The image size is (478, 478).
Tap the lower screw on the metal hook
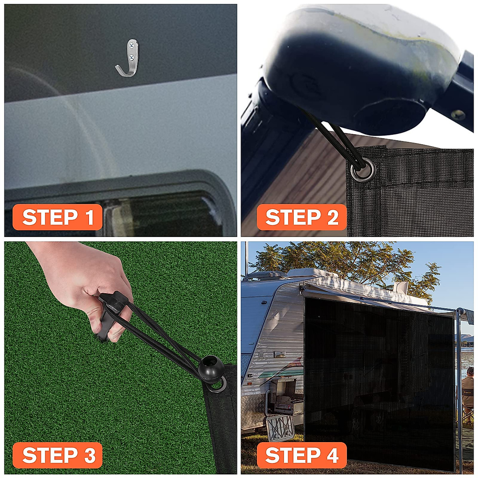[x=131, y=57]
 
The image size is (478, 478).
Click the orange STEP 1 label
[x=57, y=217]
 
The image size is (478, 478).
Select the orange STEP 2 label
[x=302, y=217]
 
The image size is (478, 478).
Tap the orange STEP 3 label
[x=57, y=455]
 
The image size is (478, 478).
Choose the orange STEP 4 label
[x=302, y=455]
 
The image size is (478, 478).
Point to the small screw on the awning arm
[x=457, y=115]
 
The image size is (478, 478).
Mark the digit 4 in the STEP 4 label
[x=331, y=455]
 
